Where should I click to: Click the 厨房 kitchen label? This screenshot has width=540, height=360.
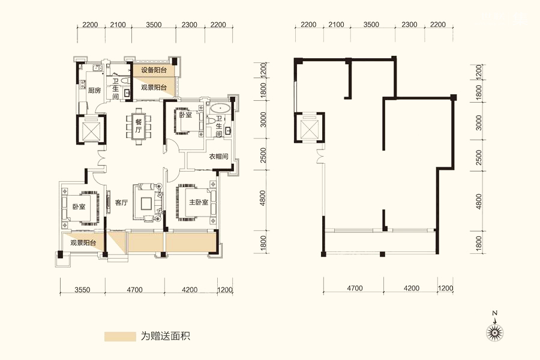(94, 91)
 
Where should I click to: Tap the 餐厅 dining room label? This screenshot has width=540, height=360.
(138, 126)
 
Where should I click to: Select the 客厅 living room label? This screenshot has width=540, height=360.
(121, 203)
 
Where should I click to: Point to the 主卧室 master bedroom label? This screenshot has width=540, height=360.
(199, 202)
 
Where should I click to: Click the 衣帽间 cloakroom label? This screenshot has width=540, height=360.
(218, 157)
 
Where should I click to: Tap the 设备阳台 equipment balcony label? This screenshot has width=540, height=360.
(154, 70)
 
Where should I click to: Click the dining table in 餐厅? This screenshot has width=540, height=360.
(139, 126)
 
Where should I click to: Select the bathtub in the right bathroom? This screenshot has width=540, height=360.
(220, 109)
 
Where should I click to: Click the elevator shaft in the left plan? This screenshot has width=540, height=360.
(90, 130)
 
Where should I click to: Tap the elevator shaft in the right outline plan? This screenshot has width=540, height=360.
(309, 128)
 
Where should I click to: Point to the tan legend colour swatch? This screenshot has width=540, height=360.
(120, 337)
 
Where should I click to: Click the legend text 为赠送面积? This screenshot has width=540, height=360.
(166, 336)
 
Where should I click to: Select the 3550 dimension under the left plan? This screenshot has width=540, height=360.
(82, 290)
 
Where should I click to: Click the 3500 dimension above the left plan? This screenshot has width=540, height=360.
(154, 25)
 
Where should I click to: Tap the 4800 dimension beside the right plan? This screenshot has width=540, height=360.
(479, 201)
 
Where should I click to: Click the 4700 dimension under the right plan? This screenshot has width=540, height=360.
(355, 288)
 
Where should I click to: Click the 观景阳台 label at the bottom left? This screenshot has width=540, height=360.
(83, 243)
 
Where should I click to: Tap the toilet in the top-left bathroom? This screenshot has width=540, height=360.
(125, 80)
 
